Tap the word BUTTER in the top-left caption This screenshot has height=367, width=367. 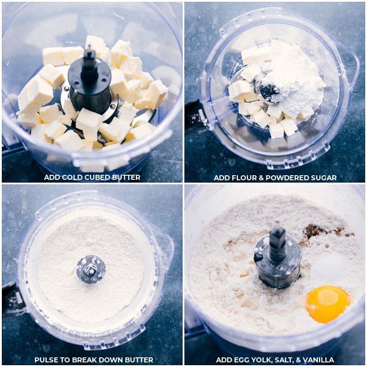pos(126,178)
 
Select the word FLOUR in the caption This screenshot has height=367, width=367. pos(245,178)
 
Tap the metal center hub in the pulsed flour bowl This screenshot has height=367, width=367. pos(91,269)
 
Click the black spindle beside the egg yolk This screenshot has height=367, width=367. pos(278,241)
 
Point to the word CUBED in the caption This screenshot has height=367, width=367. pos(97,178)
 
